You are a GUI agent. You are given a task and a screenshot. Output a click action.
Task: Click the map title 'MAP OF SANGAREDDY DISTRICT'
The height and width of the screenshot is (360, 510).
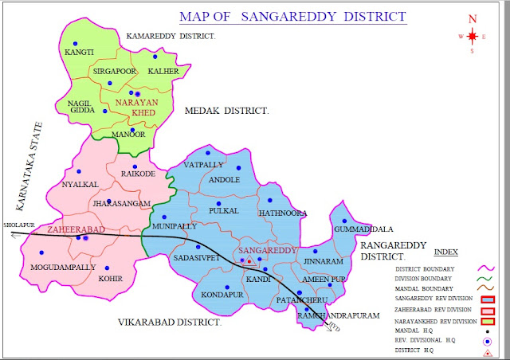[292, 16]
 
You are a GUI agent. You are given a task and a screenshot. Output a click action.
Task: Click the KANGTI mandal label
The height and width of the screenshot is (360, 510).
[79, 53]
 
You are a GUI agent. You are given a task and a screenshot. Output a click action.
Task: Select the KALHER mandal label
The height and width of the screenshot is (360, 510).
[163, 70]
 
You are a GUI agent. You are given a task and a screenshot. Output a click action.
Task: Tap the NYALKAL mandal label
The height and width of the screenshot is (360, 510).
[80, 184]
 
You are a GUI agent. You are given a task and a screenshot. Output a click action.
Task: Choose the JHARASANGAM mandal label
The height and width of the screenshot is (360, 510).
[121, 204]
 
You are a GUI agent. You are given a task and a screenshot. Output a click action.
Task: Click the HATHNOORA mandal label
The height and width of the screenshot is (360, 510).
[283, 213]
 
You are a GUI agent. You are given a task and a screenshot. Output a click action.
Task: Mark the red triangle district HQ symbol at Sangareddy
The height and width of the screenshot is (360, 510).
[249, 260]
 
